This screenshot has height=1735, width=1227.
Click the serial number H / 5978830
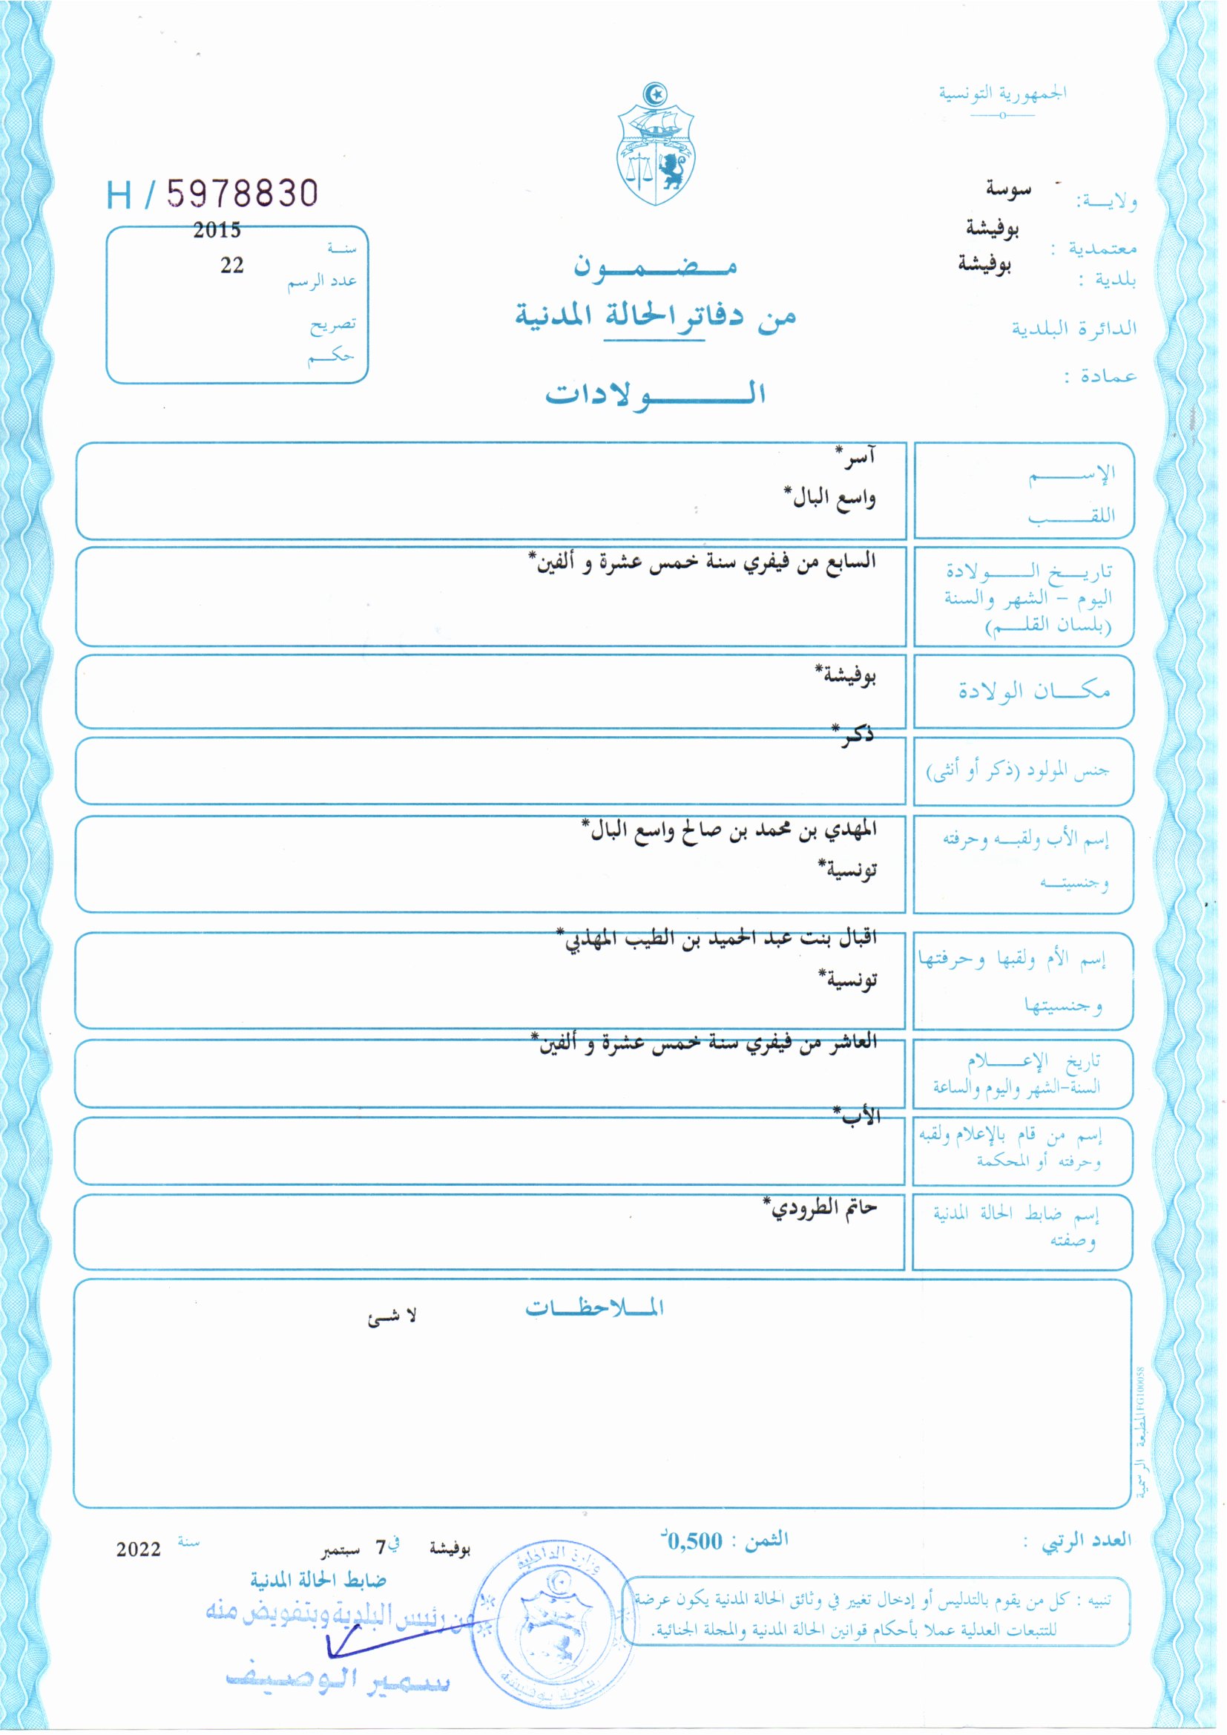tap(212, 194)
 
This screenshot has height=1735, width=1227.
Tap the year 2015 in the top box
tap(216, 230)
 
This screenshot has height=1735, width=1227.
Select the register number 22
tap(232, 265)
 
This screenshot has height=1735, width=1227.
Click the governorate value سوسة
tap(1008, 189)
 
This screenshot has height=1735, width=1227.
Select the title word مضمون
tap(654, 266)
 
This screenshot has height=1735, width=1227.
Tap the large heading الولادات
tap(655, 394)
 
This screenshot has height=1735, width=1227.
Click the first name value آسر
tap(856, 456)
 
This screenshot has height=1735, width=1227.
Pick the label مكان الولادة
tap(1033, 691)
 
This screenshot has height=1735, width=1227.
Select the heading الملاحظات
tap(595, 1307)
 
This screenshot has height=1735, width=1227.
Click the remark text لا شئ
tap(392, 1316)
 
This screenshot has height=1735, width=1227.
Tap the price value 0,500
tap(694, 1541)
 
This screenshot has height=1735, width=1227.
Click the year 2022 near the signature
tap(138, 1550)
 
